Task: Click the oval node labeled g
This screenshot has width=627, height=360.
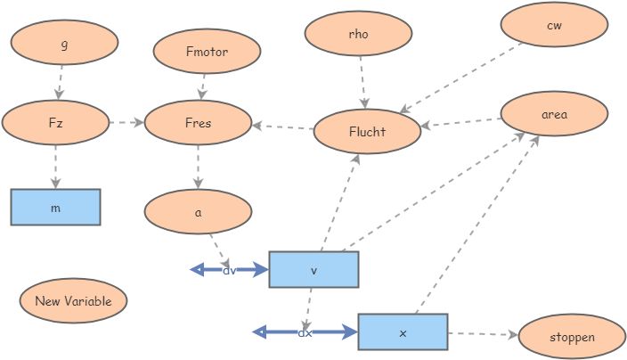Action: (64, 43)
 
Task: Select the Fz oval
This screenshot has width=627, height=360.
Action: (55, 122)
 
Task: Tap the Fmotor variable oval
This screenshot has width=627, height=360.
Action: (207, 52)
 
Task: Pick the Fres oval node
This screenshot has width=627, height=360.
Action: (198, 122)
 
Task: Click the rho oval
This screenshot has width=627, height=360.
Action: (358, 34)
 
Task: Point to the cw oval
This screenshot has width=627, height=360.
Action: (554, 25)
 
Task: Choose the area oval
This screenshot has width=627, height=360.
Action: (554, 114)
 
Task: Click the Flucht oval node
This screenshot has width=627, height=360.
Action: (367, 132)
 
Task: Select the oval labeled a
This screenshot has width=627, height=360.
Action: (198, 212)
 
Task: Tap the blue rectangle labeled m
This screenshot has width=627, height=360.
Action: (55, 207)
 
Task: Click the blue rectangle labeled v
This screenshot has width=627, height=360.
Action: (313, 269)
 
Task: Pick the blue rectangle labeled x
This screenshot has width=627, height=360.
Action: (403, 331)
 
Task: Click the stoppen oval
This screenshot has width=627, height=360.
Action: (572, 337)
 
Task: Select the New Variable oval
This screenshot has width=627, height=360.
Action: (73, 300)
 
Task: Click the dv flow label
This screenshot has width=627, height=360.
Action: (230, 269)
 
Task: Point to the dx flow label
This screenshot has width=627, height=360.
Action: (305, 332)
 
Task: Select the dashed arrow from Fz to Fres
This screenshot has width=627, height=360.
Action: (126, 122)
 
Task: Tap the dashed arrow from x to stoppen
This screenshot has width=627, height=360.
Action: (482, 335)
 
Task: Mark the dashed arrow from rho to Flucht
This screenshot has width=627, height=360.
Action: (362, 83)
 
